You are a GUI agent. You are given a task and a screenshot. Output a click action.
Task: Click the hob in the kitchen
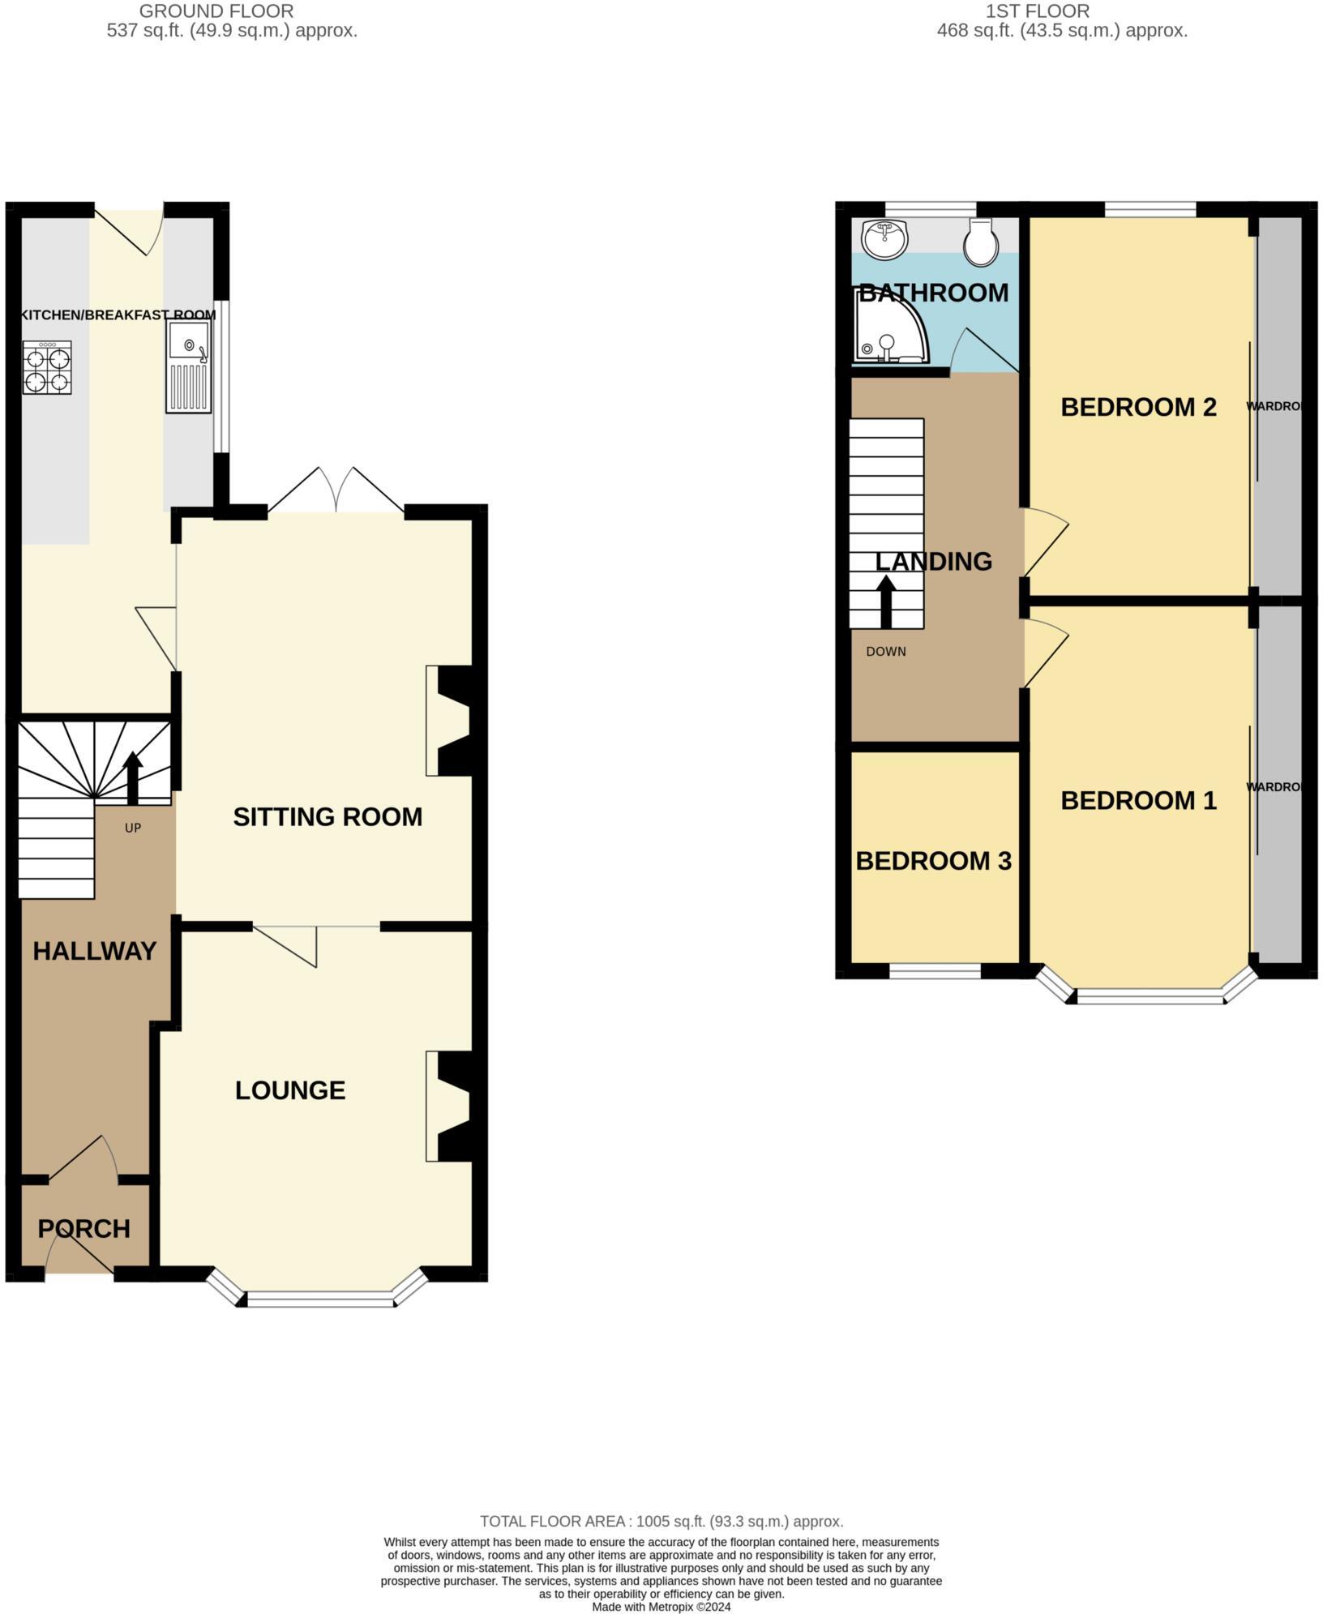click(x=47, y=367)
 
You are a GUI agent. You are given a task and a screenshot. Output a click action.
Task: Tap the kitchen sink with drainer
click(x=188, y=366)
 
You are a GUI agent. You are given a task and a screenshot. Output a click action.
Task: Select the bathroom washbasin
click(x=885, y=238)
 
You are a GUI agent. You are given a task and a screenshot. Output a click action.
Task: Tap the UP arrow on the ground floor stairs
click(x=132, y=777)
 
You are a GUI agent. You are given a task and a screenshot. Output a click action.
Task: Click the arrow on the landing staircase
click(x=886, y=601)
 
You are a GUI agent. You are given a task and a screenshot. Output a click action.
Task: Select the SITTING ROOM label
click(x=328, y=816)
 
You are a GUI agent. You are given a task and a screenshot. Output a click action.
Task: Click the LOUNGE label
click(x=290, y=1090)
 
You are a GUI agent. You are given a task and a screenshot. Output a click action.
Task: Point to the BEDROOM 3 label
click(x=933, y=861)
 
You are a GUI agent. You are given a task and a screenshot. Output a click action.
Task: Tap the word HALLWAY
click(x=94, y=951)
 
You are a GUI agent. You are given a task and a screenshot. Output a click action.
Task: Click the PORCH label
click(x=83, y=1229)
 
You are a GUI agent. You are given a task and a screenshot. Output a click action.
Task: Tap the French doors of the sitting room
click(x=336, y=490)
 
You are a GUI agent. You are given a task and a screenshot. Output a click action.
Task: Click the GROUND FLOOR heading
click(x=216, y=11)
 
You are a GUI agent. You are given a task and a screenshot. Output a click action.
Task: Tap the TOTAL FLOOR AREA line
click(x=661, y=1522)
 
